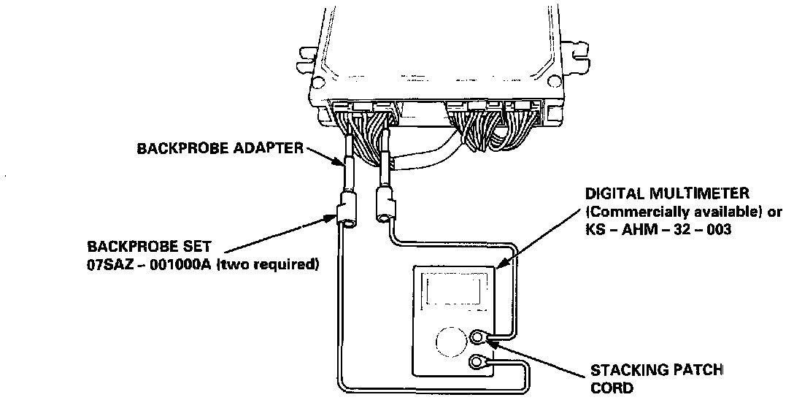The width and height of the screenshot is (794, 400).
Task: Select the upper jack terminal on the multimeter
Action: (x=479, y=337)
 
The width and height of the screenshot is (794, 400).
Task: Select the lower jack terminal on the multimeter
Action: (x=479, y=361)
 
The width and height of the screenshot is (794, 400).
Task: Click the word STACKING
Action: (x=629, y=372)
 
